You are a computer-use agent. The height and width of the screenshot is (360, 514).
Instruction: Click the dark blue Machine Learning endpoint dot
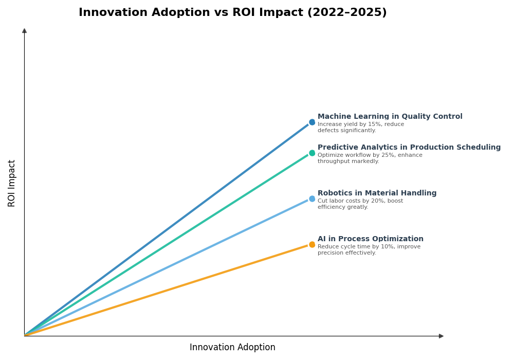click(x=312, y=122)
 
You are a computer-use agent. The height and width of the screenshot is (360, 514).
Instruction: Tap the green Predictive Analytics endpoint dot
click(x=312, y=153)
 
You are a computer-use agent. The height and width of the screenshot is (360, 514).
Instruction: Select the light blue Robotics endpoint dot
click(x=312, y=199)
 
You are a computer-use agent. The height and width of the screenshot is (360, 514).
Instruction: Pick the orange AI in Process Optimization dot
click(x=312, y=245)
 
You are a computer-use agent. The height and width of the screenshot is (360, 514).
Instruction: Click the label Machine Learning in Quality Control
click(x=390, y=117)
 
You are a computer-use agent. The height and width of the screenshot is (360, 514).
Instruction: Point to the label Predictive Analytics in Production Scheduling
click(x=409, y=148)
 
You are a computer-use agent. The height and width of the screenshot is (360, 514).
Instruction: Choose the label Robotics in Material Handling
click(x=377, y=193)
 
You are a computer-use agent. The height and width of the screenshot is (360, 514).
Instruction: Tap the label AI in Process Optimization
click(x=370, y=239)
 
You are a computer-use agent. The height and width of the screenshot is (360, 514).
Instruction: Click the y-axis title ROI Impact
click(x=12, y=183)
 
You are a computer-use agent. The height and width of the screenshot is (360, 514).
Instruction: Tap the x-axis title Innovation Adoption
click(x=232, y=348)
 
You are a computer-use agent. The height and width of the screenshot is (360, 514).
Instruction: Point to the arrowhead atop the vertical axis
click(x=24, y=31)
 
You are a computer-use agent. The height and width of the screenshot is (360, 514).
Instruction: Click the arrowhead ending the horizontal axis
click(x=441, y=336)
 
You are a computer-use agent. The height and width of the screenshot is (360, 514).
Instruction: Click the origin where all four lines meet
click(x=25, y=336)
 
